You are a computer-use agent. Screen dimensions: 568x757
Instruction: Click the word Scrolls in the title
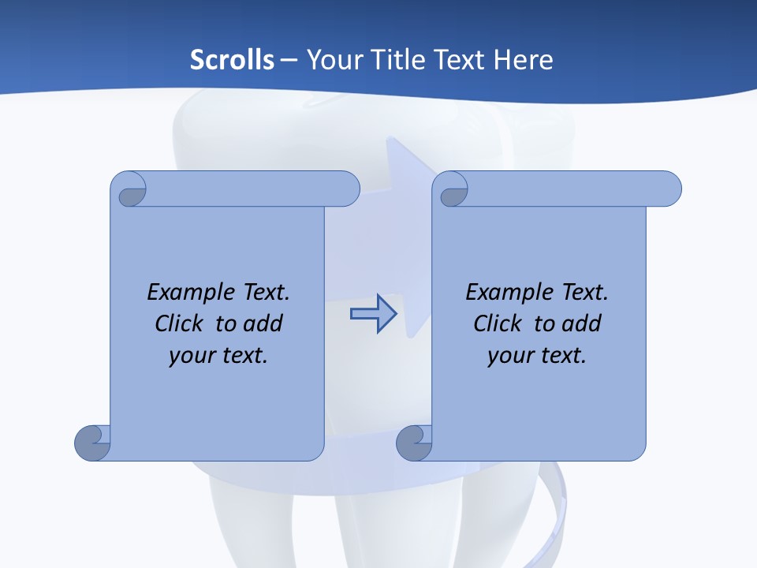click(x=233, y=60)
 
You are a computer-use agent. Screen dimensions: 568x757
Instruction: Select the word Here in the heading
click(x=523, y=60)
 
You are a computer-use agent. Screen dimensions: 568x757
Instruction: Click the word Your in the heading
click(x=333, y=60)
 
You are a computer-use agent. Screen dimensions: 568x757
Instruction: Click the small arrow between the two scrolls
click(x=374, y=314)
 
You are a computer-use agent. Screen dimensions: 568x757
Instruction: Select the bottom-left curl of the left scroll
click(x=92, y=442)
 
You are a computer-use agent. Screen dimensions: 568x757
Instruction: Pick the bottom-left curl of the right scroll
click(x=413, y=442)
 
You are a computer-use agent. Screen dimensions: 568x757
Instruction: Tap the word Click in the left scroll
click(x=181, y=323)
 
